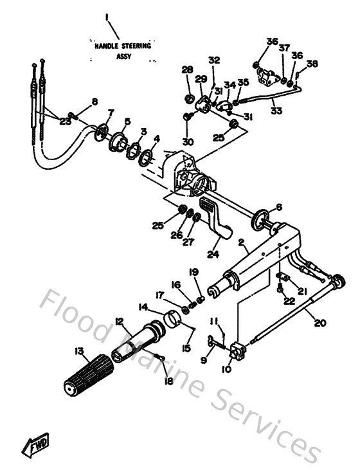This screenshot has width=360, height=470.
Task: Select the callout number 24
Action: pos(213,255)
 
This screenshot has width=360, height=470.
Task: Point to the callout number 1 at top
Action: pos(107,15)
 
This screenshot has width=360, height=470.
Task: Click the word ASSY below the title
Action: pos(123,57)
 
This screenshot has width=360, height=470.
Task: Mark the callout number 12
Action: pos(118,321)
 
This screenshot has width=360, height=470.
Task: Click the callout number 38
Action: pos(312,64)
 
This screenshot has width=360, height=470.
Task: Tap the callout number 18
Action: pos(169,382)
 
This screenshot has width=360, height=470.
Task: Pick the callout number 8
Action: pos(94,101)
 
